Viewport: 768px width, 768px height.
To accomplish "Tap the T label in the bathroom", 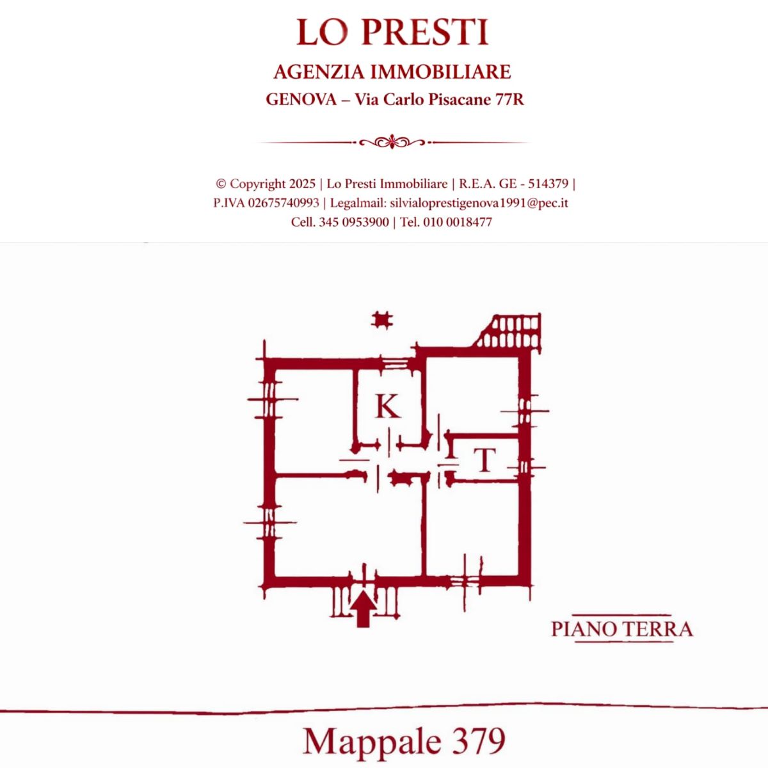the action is [x=484, y=460].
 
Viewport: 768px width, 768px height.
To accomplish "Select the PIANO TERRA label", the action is [x=621, y=630].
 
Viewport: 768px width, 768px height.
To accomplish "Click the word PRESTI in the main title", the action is [x=425, y=32].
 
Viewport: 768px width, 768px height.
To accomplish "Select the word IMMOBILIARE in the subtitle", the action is [x=441, y=72].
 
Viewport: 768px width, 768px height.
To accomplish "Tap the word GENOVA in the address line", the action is [x=301, y=99].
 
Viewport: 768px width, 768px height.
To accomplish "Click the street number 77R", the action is [x=509, y=99].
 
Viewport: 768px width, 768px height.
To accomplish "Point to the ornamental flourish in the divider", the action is [x=392, y=142].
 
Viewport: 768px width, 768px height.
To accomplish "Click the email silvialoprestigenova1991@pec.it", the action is [x=479, y=204].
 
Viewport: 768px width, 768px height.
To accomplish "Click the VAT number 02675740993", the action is [x=284, y=204].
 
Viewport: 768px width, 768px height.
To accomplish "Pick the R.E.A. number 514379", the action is [x=548, y=184].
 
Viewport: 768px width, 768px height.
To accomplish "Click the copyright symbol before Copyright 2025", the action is [x=221, y=184].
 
